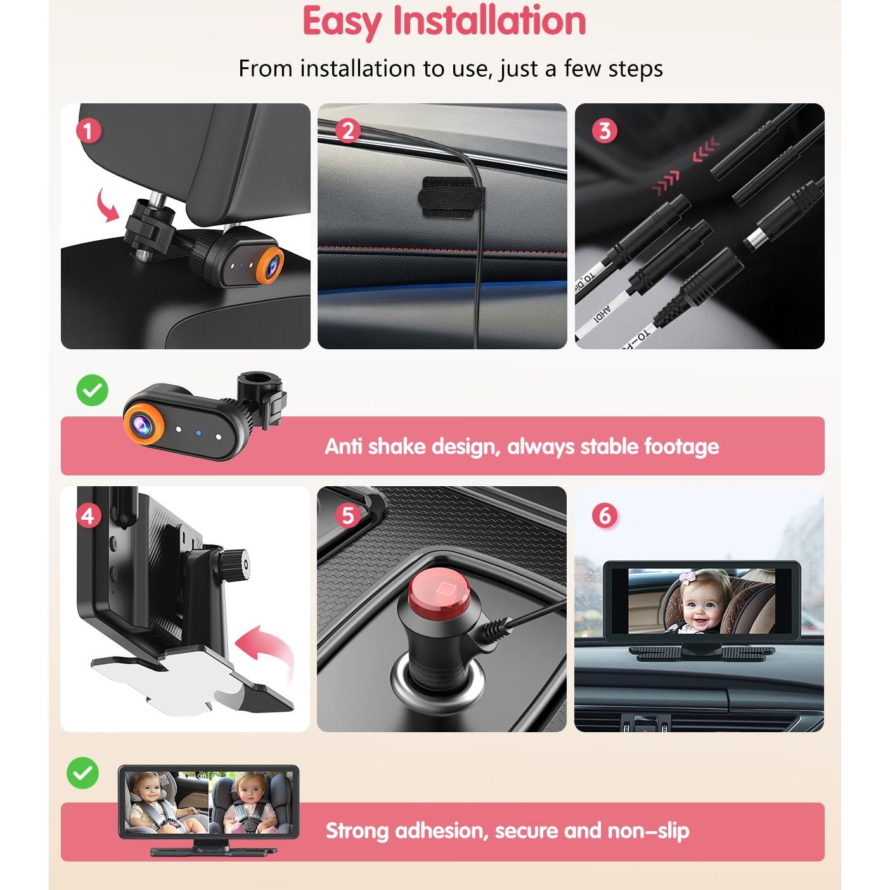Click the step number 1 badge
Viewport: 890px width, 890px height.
pyautogui.click(x=89, y=131)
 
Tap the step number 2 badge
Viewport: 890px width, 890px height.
pyautogui.click(x=347, y=131)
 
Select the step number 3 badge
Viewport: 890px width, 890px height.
pyautogui.click(x=604, y=131)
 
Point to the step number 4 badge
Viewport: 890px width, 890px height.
pyautogui.click(x=89, y=515)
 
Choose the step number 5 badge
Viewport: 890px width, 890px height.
pyautogui.click(x=347, y=515)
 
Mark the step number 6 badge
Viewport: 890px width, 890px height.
pyautogui.click(x=604, y=515)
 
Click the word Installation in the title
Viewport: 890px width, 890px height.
pyautogui.click(x=489, y=22)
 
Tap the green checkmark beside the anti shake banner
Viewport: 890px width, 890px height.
pyautogui.click(x=93, y=390)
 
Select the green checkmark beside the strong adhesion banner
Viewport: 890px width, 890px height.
pyautogui.click(x=83, y=773)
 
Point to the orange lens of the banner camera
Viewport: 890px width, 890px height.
pyautogui.click(x=143, y=422)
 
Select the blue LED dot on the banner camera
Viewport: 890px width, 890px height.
pyautogui.click(x=198, y=434)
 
